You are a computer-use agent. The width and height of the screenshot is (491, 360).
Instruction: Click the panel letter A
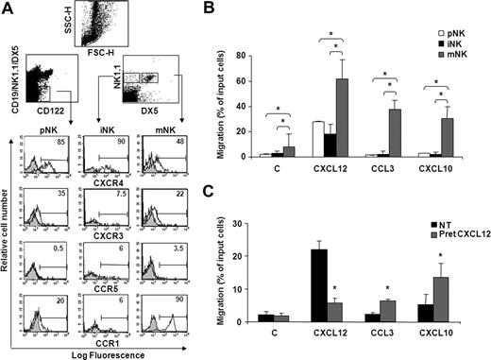(8, 8)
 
